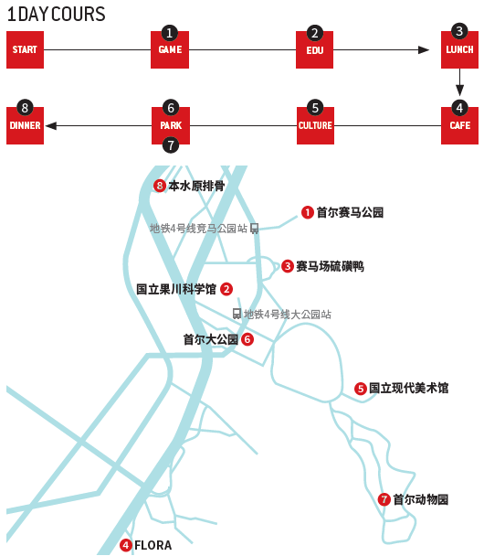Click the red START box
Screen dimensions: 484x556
[25, 49]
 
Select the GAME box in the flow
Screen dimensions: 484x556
[170, 49]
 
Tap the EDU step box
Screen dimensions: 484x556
[314, 49]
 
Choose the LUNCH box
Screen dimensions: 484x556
[459, 49]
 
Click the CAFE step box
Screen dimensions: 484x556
[459, 125]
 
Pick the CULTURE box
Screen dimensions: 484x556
[315, 125]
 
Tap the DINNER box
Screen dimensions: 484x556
[25, 125]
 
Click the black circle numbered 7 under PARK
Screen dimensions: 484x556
[171, 145]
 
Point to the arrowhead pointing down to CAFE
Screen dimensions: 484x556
[459, 91]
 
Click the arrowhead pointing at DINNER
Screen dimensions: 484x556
[51, 126]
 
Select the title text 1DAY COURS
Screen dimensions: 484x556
[57, 15]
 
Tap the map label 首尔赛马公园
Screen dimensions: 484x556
[350, 212]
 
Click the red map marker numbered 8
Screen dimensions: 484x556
[159, 186]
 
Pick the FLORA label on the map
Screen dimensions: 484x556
[153, 545]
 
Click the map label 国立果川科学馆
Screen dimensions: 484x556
[176, 289]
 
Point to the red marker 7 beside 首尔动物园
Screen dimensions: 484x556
[384, 499]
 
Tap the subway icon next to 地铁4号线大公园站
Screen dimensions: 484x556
[237, 314]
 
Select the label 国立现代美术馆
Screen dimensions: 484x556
[408, 388]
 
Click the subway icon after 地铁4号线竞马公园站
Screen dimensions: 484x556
[254, 229]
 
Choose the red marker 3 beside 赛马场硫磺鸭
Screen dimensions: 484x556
[287, 266]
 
